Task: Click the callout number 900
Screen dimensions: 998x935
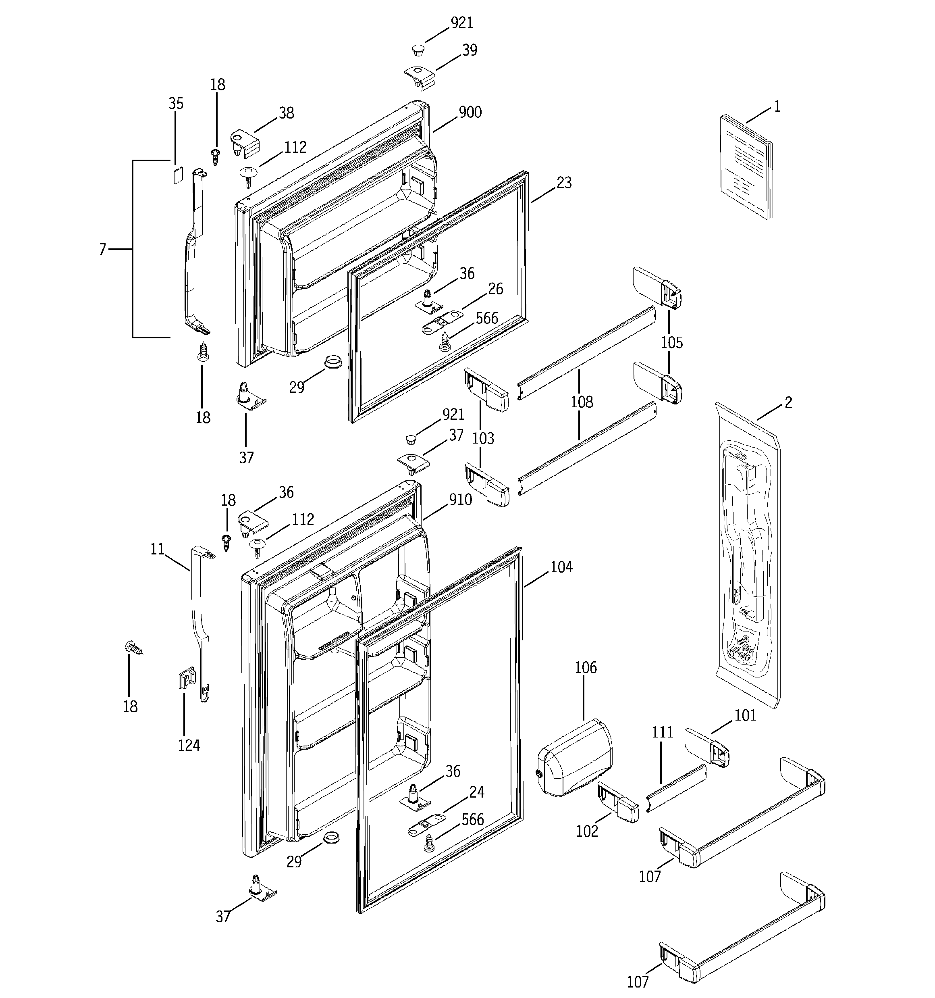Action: [470, 113]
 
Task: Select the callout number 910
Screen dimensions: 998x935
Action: [460, 500]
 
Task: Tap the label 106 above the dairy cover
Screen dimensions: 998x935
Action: [586, 668]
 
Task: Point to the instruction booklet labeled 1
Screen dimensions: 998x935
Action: [746, 167]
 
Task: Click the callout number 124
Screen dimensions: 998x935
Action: [189, 746]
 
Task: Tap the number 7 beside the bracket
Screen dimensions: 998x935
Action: [102, 249]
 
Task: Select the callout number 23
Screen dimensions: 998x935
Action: [564, 183]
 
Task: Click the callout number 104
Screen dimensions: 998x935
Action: [561, 567]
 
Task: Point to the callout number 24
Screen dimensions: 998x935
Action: [476, 792]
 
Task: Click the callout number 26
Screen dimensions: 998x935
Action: [495, 289]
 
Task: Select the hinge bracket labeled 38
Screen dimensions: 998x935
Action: [245, 143]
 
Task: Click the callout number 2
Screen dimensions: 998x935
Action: [788, 402]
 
